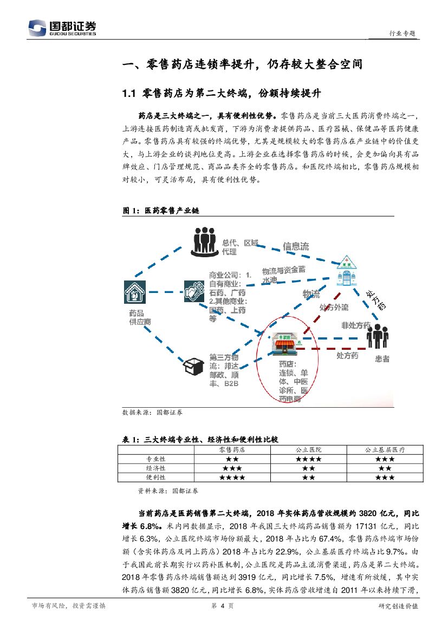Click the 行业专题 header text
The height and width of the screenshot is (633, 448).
[402, 33]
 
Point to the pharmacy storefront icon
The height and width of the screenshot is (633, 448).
[287, 342]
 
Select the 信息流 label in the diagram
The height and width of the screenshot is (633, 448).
[296, 246]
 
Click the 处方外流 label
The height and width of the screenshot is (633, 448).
[334, 308]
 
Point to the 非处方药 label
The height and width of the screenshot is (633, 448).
[356, 325]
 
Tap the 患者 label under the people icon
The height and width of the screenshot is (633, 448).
[382, 359]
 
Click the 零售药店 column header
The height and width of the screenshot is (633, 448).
[232, 449]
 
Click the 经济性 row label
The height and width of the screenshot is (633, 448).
[156, 468]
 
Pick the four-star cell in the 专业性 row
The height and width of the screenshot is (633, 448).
[308, 459]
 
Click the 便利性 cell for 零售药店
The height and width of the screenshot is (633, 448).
[232, 478]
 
